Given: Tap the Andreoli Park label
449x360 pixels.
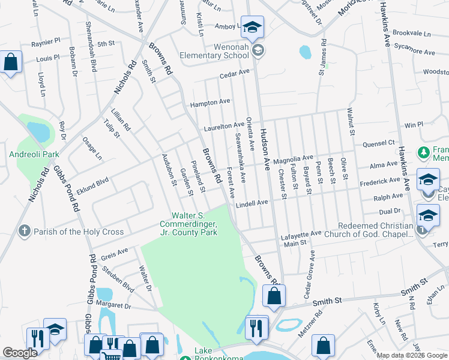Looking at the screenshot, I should [34, 154].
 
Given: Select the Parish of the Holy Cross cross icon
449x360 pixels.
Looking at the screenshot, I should [24, 231].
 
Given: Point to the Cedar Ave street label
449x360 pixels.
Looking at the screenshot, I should [234, 74].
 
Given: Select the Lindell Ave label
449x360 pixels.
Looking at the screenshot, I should [252, 203].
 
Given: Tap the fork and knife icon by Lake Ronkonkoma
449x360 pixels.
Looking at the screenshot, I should [257, 327].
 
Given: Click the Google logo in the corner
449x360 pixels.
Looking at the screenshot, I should [20, 353].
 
